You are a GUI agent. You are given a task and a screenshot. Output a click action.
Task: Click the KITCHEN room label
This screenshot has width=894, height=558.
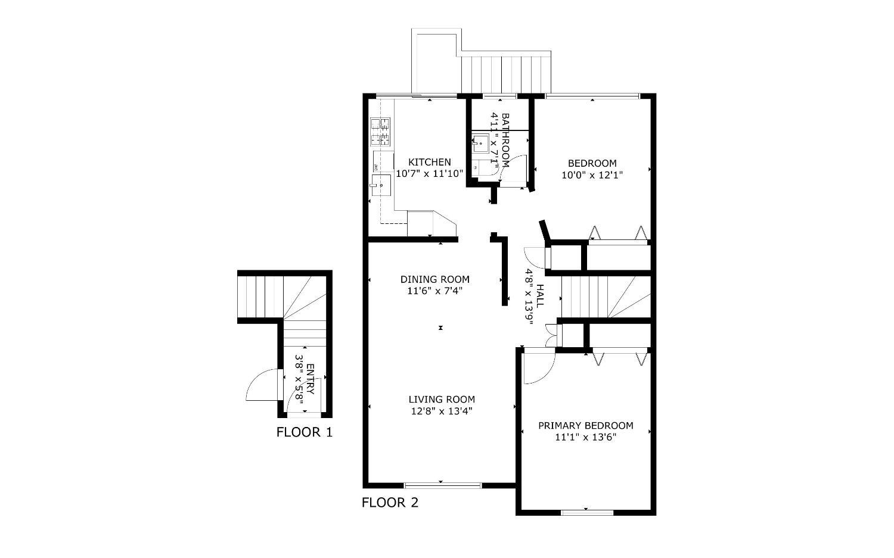pos(430,163)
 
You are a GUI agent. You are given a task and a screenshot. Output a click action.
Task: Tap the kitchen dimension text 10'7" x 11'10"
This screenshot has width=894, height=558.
pos(430,173)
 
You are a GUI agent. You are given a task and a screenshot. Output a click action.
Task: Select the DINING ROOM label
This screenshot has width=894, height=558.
pos(435,279)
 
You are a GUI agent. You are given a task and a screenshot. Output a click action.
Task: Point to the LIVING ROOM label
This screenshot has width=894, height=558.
pos(442,399)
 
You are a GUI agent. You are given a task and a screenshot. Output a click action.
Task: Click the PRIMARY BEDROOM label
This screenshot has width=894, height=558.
pos(586,426)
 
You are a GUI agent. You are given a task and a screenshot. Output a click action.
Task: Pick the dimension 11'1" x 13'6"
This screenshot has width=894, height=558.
pos(586,437)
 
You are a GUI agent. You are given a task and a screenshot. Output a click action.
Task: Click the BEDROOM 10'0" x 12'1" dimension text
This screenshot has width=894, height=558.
pos(592,174)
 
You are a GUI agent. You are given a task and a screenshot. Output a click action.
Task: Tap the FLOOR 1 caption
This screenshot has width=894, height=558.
pos(305,432)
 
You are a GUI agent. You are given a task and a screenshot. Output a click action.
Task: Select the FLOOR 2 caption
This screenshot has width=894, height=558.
pos(390,503)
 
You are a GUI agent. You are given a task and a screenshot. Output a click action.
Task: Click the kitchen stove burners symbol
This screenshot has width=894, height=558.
pos(380,132)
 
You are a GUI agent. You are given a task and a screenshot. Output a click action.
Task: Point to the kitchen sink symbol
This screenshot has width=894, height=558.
pos(381,185)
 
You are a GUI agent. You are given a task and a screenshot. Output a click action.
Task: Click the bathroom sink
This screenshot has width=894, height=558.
pos(480,142)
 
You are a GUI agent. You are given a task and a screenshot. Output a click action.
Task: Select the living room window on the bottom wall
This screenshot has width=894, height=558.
pos(443,485)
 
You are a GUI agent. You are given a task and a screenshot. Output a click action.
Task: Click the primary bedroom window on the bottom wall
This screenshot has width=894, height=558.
pos(587,513)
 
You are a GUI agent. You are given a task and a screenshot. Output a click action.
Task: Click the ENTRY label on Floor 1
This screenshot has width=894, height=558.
pos(311,379)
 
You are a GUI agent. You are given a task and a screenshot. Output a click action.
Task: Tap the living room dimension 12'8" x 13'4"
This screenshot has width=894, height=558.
pos(442,411)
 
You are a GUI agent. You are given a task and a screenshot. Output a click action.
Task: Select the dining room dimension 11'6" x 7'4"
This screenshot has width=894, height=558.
pos(434,291)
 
